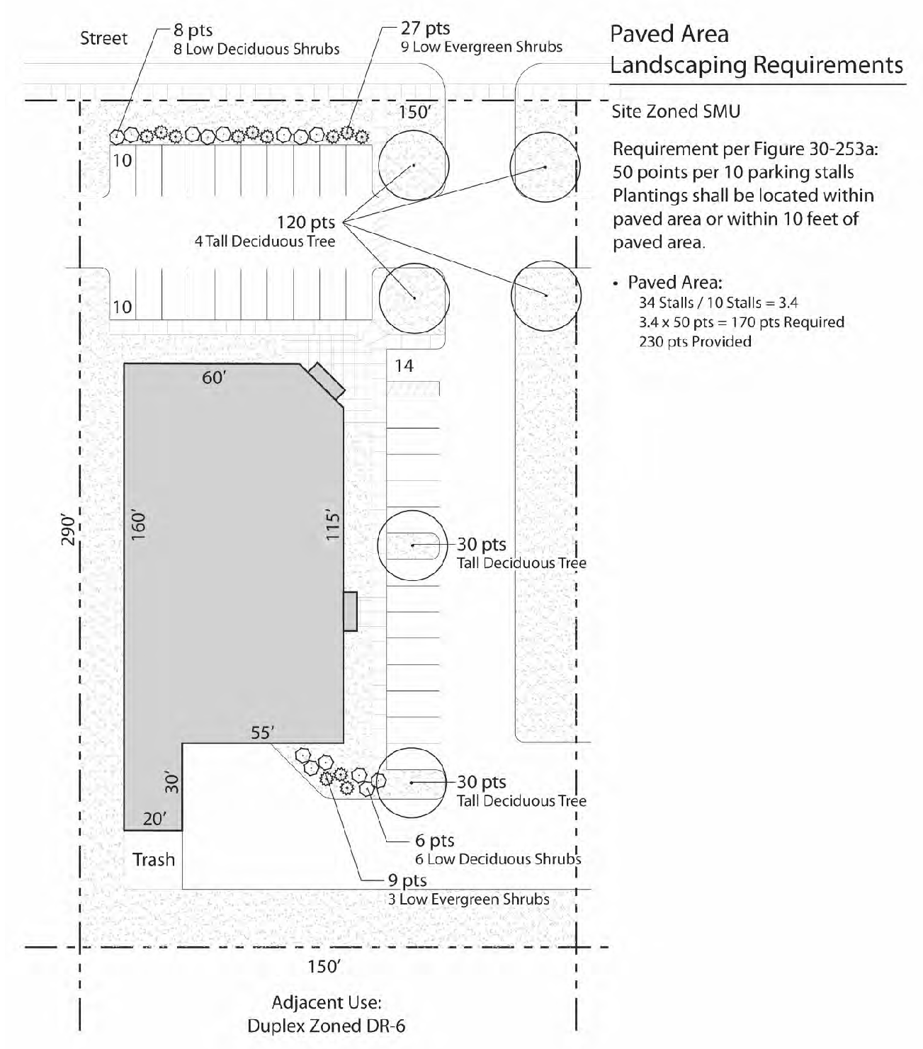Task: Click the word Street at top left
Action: pos(103,38)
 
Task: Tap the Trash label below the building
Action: pos(153,859)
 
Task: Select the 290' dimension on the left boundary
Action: pos(68,529)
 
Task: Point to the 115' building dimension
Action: pos(332,526)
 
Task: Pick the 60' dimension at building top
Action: pos(214,378)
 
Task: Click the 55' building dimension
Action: pos(262,732)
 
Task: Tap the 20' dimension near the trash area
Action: pos(155,819)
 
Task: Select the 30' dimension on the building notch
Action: pos(171,783)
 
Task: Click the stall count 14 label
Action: pos(404,366)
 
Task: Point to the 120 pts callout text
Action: pos(305,222)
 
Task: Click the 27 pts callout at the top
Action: pos(425,28)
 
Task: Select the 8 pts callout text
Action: pos(193,30)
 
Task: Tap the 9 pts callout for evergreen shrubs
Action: pos(407,880)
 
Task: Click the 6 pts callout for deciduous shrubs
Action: pos(434,840)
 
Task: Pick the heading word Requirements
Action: pos(827,66)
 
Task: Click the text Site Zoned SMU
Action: pos(676,111)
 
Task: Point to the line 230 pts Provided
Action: pos(695,341)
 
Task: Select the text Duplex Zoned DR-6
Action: pos(327,1026)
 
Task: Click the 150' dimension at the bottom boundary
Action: pos(324,966)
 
